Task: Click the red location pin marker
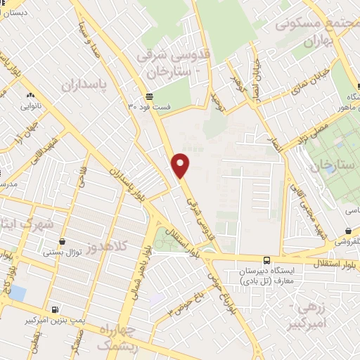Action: (x=181, y=165)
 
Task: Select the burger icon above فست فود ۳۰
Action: (x=149, y=96)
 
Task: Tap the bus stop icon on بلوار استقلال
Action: (x=266, y=260)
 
